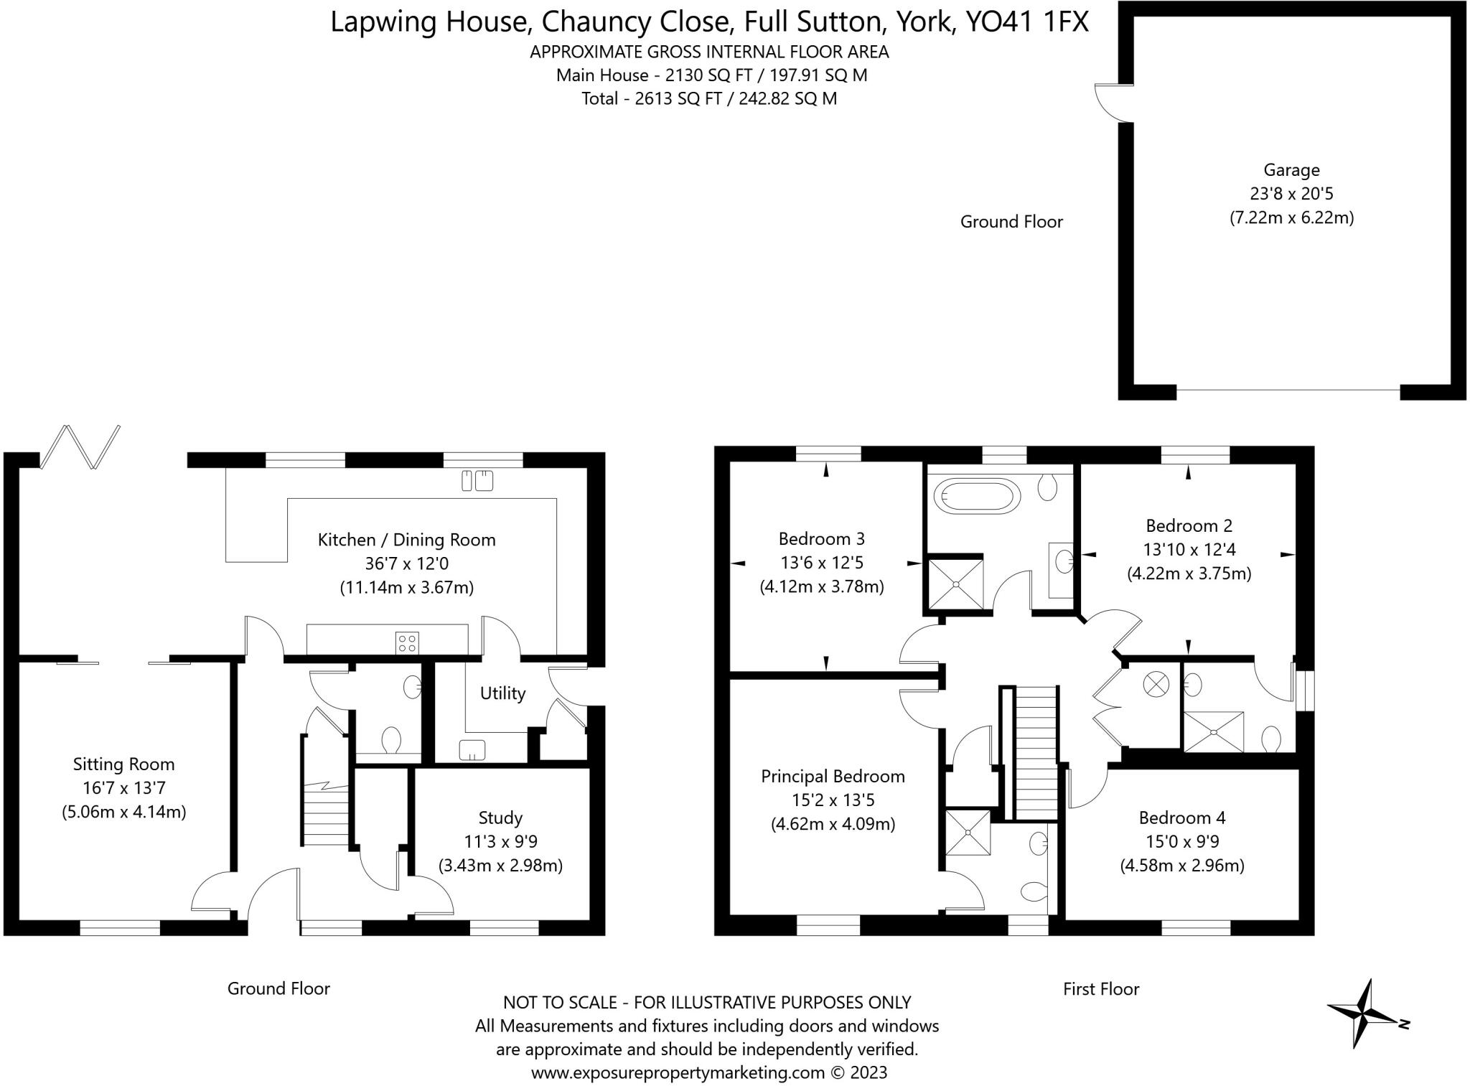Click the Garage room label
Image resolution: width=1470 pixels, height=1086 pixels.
(1291, 170)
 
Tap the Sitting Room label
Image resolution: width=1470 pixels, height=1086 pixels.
(123, 764)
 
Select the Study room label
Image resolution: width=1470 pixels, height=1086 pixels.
(500, 818)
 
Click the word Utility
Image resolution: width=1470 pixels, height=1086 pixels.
(502, 693)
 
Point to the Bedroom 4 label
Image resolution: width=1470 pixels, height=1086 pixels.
(1182, 818)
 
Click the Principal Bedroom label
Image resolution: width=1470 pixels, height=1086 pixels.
(833, 776)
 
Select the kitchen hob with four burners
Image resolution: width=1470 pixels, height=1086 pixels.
(407, 642)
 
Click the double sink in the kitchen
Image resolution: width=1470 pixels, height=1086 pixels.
(477, 480)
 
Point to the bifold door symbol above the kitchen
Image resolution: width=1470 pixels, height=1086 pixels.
(80, 447)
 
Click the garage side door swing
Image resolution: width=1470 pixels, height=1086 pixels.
(1113, 103)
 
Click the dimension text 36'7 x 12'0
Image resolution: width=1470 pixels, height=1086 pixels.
(406, 563)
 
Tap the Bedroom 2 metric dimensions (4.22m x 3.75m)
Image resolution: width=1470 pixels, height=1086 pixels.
(1189, 574)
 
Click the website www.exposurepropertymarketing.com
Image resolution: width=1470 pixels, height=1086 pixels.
(678, 1072)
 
